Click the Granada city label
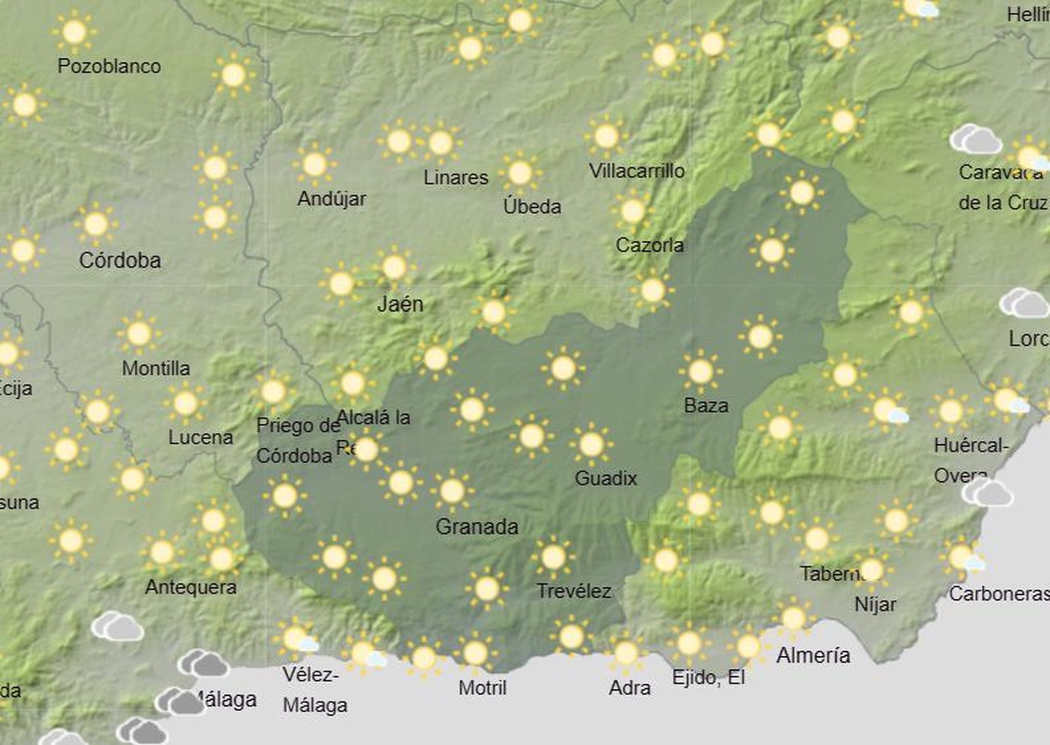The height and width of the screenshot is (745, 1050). pyautogui.click(x=476, y=526)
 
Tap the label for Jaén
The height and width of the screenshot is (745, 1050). pyautogui.click(x=400, y=304)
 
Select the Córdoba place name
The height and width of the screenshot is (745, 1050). pyautogui.click(x=120, y=261)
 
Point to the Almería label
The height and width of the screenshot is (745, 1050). pyautogui.click(x=813, y=655)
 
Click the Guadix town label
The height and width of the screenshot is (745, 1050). pyautogui.click(x=606, y=478)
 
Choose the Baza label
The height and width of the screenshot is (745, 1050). pyautogui.click(x=706, y=406)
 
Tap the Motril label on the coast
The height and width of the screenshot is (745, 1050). pyautogui.click(x=482, y=688)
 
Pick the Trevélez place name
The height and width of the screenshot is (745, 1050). pyautogui.click(x=574, y=591)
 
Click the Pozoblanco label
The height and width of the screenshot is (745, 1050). pyautogui.click(x=109, y=66)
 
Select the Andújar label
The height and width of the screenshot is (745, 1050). pyautogui.click(x=331, y=199)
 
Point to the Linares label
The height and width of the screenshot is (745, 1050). pyautogui.click(x=455, y=177)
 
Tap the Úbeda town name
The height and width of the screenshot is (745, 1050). pyautogui.click(x=532, y=207)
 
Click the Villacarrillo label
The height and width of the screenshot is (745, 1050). pyautogui.click(x=637, y=171)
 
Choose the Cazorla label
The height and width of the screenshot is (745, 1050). pyautogui.click(x=649, y=245)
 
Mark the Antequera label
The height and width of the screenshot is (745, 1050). pyautogui.click(x=190, y=587)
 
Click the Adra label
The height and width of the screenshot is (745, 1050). pyautogui.click(x=629, y=688)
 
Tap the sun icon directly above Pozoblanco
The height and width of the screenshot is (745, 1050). pyautogui.click(x=74, y=32)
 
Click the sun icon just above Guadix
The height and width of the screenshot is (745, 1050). pyautogui.click(x=591, y=444)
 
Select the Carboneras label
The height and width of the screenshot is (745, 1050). pyautogui.click(x=999, y=594)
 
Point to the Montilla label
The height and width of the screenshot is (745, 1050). pyautogui.click(x=156, y=368)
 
